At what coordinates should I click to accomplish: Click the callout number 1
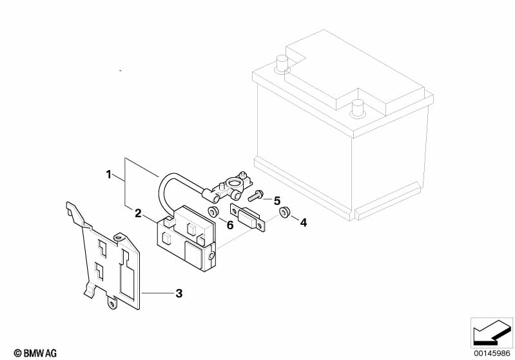[x=110, y=175]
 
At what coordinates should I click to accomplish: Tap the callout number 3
[x=179, y=294]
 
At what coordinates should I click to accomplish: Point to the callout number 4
[x=304, y=222]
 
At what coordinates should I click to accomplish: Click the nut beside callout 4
[x=283, y=213]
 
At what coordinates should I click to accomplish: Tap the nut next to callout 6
[x=212, y=212]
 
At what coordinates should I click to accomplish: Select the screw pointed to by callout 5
[x=254, y=195]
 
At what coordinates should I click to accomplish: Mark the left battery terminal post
[x=281, y=63]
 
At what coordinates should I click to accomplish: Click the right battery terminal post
[x=356, y=107]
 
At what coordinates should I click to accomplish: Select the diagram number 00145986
[x=492, y=351]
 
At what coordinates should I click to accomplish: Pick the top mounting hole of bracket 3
[x=118, y=238]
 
